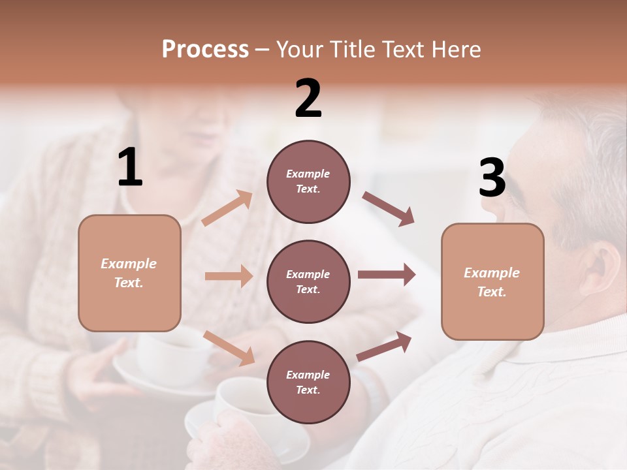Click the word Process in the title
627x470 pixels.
pyautogui.click(x=205, y=49)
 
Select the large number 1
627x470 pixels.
pyautogui.click(x=130, y=168)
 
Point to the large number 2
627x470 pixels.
pyautogui.click(x=308, y=98)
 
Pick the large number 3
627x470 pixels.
pyautogui.click(x=492, y=178)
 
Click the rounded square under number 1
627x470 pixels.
pyautogui.click(x=129, y=273)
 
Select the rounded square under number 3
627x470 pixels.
pyautogui.click(x=492, y=282)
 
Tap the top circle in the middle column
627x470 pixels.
pyautogui.click(x=308, y=181)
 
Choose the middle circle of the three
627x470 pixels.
pyautogui.click(x=308, y=281)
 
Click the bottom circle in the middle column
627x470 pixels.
pyautogui.click(x=308, y=382)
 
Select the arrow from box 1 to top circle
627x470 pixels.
pyautogui.click(x=227, y=208)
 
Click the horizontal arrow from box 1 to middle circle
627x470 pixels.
pyautogui.click(x=229, y=276)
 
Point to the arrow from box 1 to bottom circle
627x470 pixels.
pyautogui.click(x=229, y=347)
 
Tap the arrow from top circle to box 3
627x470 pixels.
pyautogui.click(x=388, y=209)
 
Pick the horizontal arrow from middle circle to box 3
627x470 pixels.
pyautogui.click(x=386, y=274)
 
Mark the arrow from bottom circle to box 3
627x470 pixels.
pyautogui.click(x=384, y=346)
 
